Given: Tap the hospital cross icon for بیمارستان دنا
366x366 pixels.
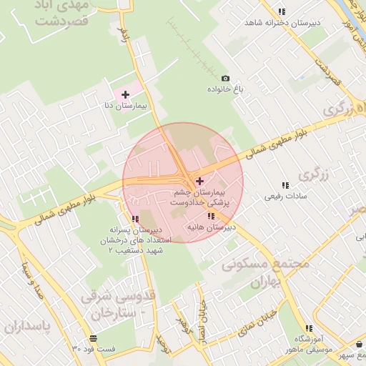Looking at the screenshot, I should [126, 94].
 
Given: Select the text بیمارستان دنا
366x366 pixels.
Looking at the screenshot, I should [126, 106].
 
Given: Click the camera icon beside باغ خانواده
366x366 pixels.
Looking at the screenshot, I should [226, 78].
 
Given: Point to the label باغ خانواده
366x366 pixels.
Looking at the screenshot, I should [227, 89].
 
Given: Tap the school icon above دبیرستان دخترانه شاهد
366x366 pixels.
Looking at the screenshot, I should [282, 11].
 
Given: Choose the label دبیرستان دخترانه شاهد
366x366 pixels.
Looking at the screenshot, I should [282, 23].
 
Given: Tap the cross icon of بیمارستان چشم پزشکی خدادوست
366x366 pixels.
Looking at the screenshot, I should [199, 181].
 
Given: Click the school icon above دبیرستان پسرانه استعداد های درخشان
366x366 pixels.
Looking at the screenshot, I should [135, 219].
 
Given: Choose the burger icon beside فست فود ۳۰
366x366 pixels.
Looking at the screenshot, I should [93, 338].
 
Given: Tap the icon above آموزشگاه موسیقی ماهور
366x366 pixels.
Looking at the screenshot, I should [298, 327].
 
